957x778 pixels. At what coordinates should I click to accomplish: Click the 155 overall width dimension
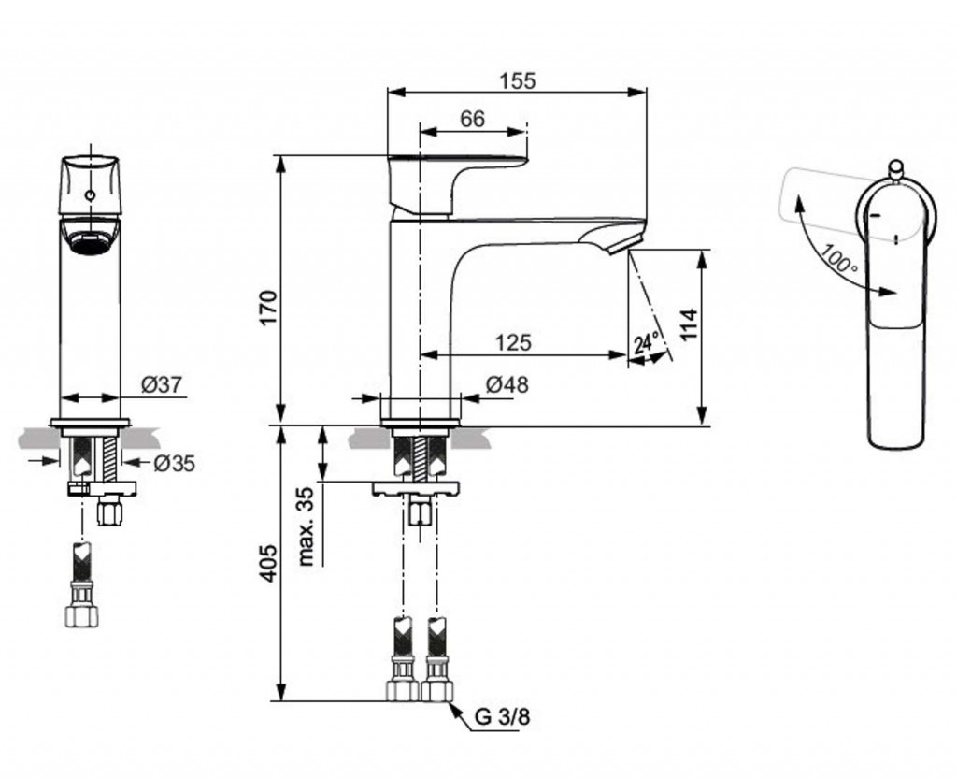(x=517, y=80)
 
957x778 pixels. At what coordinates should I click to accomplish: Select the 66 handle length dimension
(x=473, y=119)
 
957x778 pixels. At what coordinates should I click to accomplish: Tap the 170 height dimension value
(x=268, y=308)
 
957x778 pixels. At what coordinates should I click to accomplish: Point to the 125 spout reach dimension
(x=512, y=342)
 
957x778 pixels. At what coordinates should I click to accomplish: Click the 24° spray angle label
(x=647, y=343)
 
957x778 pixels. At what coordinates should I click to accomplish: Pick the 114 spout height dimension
(x=689, y=325)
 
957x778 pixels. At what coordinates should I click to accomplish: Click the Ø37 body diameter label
(x=162, y=383)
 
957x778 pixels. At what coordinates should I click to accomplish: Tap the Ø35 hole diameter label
(x=174, y=462)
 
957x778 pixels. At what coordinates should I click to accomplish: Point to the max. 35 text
(x=306, y=526)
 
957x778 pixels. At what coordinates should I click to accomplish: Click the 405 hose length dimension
(x=268, y=563)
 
